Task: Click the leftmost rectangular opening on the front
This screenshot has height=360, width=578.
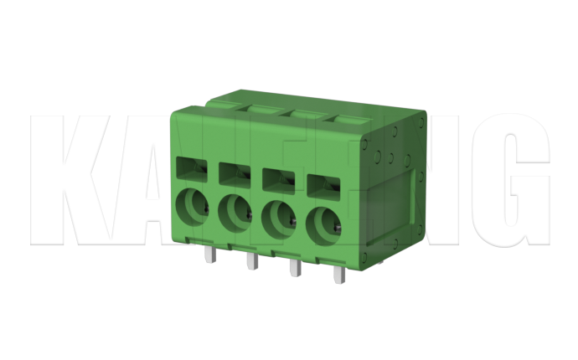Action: coord(193,167)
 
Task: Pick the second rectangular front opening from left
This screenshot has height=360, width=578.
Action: coord(235,173)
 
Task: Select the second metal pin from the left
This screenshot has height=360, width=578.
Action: coord(250,263)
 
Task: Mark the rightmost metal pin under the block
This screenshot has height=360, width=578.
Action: coord(338,275)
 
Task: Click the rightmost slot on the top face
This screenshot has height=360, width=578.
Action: coord(348,121)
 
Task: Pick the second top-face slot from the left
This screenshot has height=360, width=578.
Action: coord(305,113)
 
